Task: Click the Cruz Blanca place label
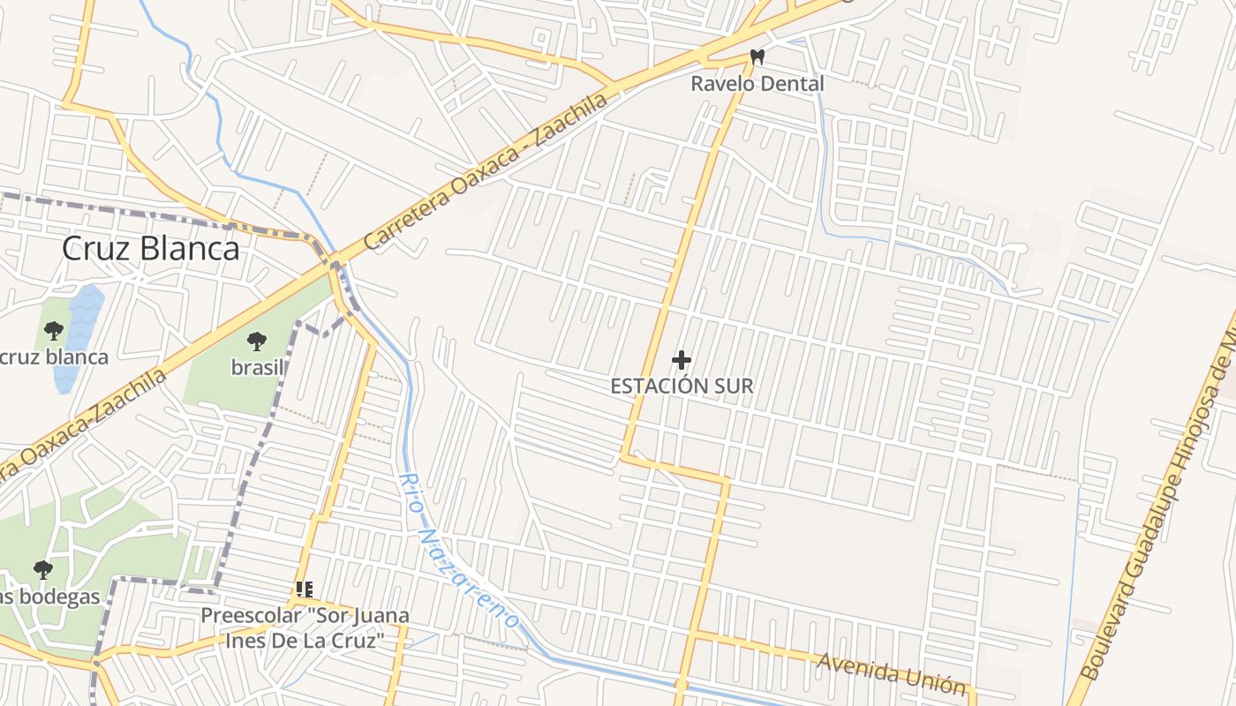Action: pyautogui.click(x=150, y=249)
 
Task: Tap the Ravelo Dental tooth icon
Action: pyautogui.click(x=757, y=57)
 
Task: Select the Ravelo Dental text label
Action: pyautogui.click(x=757, y=84)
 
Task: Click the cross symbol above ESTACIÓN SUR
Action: pyautogui.click(x=682, y=360)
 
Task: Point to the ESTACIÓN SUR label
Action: pyautogui.click(x=682, y=386)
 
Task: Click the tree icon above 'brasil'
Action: pyautogui.click(x=257, y=341)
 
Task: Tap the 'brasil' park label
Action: pyautogui.click(x=257, y=367)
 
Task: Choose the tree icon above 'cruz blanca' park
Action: pyautogui.click(x=54, y=331)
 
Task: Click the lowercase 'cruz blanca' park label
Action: pyautogui.click(x=55, y=357)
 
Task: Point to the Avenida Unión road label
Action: pyautogui.click(x=891, y=673)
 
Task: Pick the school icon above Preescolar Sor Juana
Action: pyautogui.click(x=305, y=590)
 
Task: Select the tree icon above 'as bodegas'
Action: pyautogui.click(x=42, y=570)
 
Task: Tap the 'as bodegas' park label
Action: pyautogui.click(x=50, y=597)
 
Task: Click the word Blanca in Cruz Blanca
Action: pyautogui.click(x=191, y=249)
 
